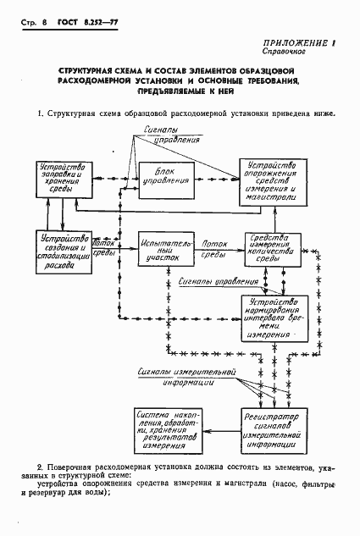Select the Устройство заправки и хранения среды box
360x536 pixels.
point(54,180)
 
